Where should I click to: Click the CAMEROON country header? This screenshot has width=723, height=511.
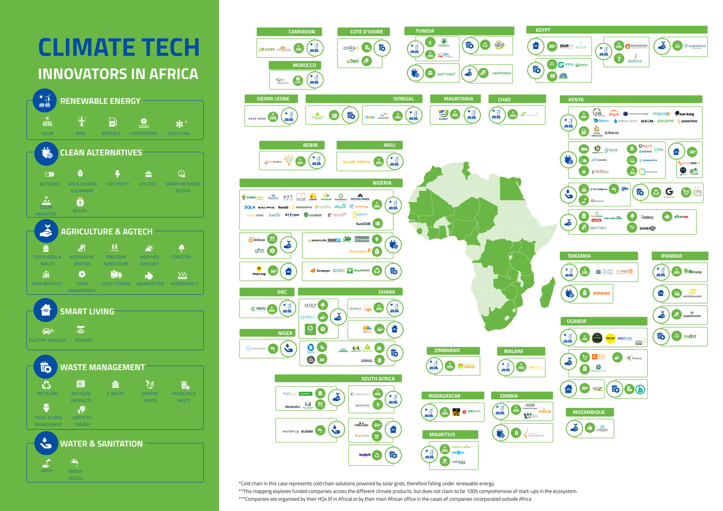tap(301, 32)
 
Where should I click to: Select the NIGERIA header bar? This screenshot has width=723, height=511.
tap(381, 183)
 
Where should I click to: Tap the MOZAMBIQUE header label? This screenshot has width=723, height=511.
tap(589, 412)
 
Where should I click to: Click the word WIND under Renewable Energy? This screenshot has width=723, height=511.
tap(80, 134)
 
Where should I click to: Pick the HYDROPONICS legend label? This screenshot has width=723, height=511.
tap(184, 284)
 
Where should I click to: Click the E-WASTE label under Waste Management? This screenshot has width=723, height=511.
tap(115, 394)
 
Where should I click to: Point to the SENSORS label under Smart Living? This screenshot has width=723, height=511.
tap(83, 340)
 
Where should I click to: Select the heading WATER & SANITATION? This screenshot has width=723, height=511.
tap(101, 444)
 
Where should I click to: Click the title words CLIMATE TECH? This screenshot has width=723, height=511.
tap(119, 48)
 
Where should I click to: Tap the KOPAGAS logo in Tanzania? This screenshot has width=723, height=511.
tap(601, 293)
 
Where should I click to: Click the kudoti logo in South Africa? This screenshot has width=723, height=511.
tap(365, 455)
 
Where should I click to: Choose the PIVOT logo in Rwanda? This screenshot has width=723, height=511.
tap(690, 336)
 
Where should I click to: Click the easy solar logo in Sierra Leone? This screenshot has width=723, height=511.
tap(257, 118)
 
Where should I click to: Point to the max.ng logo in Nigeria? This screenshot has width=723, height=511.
tap(259, 271)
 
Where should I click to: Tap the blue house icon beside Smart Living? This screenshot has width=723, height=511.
tap(46, 310)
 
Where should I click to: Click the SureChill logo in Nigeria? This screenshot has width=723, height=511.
tap(363, 224)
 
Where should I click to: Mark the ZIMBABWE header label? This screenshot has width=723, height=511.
tap(447, 351)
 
